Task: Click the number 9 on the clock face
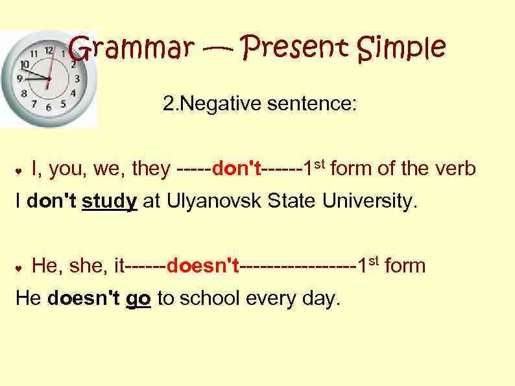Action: pyautogui.click(x=19, y=78)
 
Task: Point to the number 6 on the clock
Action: pyautogui.click(x=48, y=107)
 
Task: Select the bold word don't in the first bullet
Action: pyautogui.click(x=237, y=170)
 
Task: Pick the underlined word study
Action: pyautogui.click(x=110, y=202)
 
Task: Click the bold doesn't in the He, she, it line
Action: pyautogui.click(x=204, y=266)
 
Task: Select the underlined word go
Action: pyautogui.click(x=139, y=299)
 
